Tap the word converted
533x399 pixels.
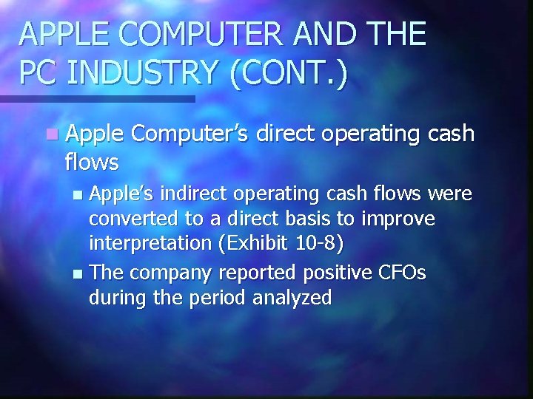click(x=130, y=219)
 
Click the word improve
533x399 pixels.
click(x=400, y=219)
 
